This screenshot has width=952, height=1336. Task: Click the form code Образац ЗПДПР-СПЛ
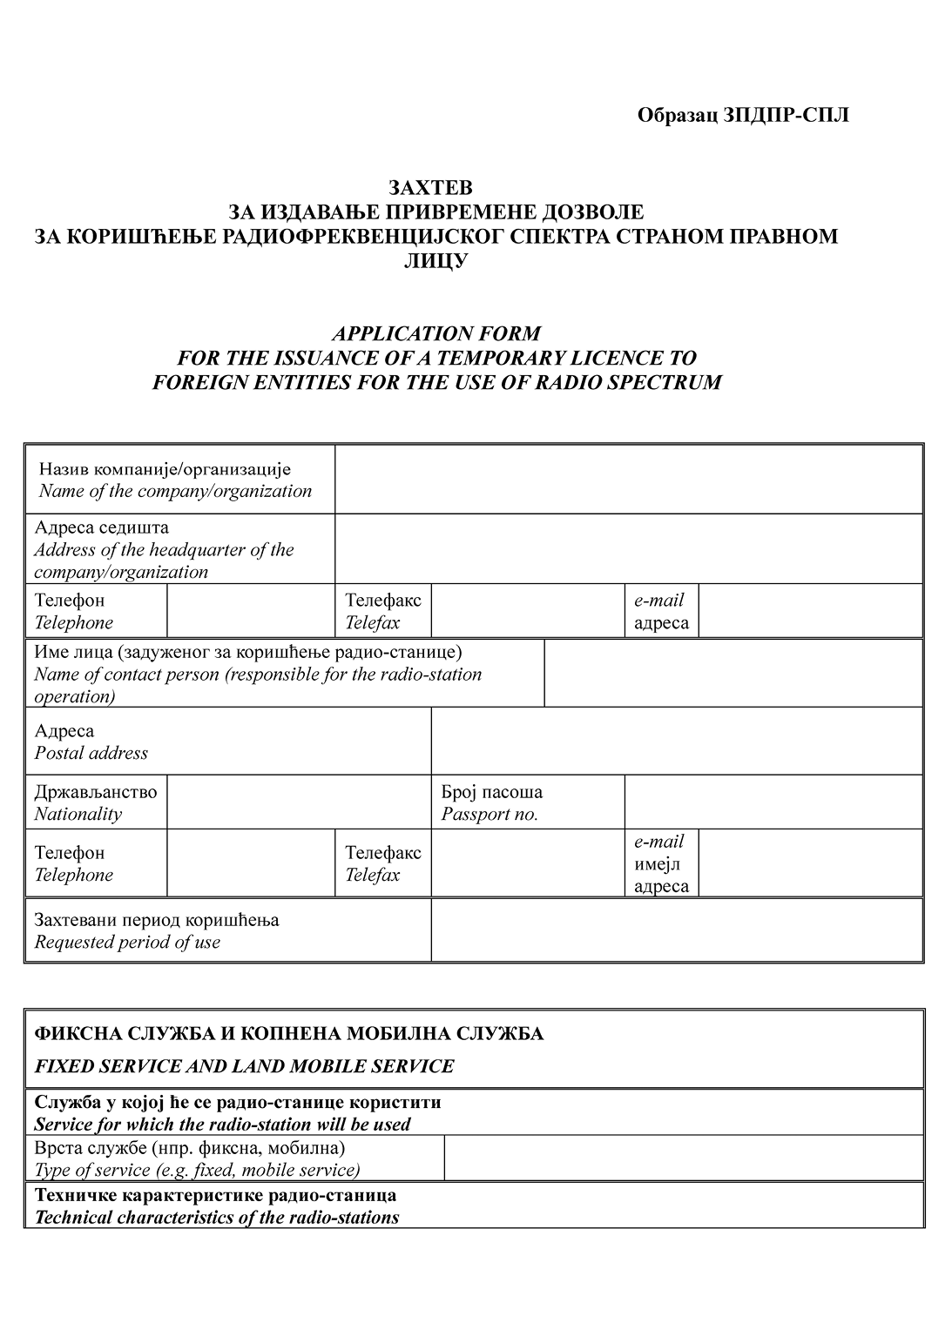point(742,116)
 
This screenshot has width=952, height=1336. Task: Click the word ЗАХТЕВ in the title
point(430,188)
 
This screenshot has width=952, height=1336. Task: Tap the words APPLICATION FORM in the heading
point(435,333)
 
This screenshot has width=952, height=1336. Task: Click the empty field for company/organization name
point(628,480)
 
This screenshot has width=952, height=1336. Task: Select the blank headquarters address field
point(628,549)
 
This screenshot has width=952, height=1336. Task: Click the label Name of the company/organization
point(174,491)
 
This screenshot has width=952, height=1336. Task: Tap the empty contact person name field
point(733,674)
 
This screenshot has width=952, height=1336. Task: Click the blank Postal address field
point(676,742)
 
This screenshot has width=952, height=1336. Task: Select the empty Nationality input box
point(295,802)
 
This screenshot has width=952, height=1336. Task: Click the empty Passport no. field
point(773,802)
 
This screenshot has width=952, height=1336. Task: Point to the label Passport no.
point(490,815)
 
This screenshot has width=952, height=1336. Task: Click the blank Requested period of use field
point(676,930)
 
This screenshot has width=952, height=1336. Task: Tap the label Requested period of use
point(127,943)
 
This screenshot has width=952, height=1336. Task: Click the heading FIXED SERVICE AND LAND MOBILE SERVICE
point(244,1066)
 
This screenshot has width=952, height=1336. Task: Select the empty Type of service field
point(683,1158)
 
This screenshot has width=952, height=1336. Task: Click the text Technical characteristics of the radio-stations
point(216,1218)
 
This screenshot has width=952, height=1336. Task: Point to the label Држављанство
point(96,792)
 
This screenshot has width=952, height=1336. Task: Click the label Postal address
point(91,754)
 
